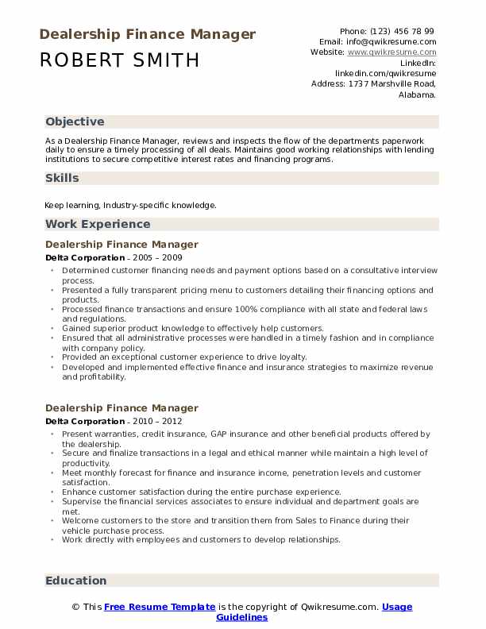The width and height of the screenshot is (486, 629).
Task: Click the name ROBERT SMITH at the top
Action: [x=119, y=60]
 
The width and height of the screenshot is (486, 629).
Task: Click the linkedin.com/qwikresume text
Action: [x=385, y=72]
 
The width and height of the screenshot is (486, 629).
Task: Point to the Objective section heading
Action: [x=75, y=122]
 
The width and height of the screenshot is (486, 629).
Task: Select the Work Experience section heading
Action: [x=98, y=224]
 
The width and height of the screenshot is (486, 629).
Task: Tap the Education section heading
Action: [x=75, y=581]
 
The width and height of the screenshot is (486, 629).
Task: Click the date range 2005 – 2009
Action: [x=156, y=258]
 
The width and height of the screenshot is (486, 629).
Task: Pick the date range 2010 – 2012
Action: [x=156, y=422]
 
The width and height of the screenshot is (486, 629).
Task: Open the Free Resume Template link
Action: [x=160, y=607]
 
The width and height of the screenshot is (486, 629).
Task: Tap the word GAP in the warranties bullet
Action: [x=222, y=434]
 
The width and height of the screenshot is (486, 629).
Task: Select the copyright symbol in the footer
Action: [x=76, y=607]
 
